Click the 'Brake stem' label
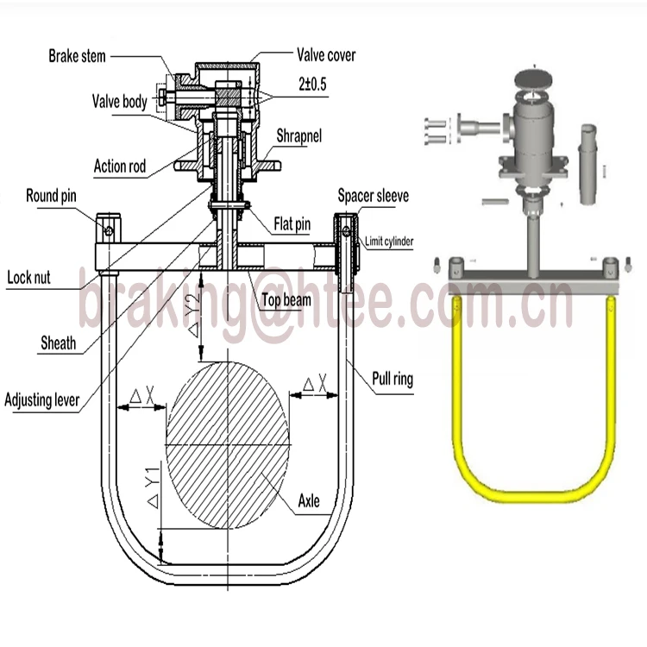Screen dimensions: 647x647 [77, 56]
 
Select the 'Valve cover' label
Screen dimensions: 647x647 [326, 55]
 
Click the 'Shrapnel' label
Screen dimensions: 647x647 [301, 136]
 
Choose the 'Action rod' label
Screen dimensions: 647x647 [120, 165]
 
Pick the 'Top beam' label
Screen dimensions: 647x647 [286, 301]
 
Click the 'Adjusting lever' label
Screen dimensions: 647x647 [42, 399]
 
